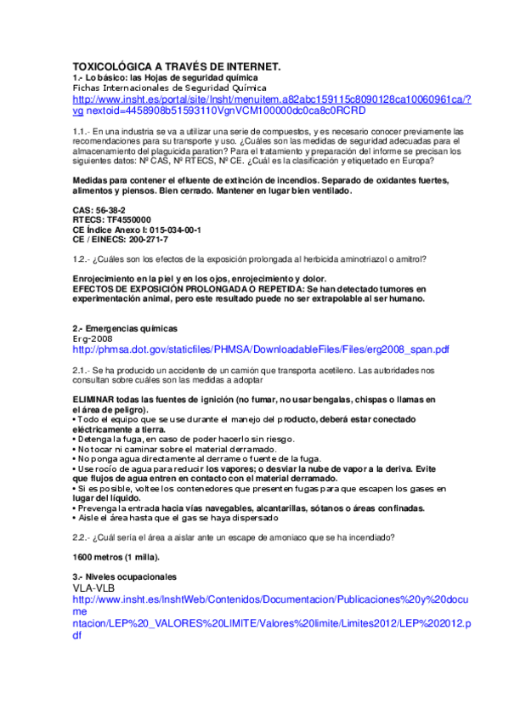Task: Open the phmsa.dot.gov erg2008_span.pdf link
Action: (261, 349)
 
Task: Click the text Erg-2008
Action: (92, 338)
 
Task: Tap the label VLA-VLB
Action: (93, 588)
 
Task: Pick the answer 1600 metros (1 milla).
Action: (116, 557)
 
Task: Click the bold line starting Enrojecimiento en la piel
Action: (198, 279)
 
